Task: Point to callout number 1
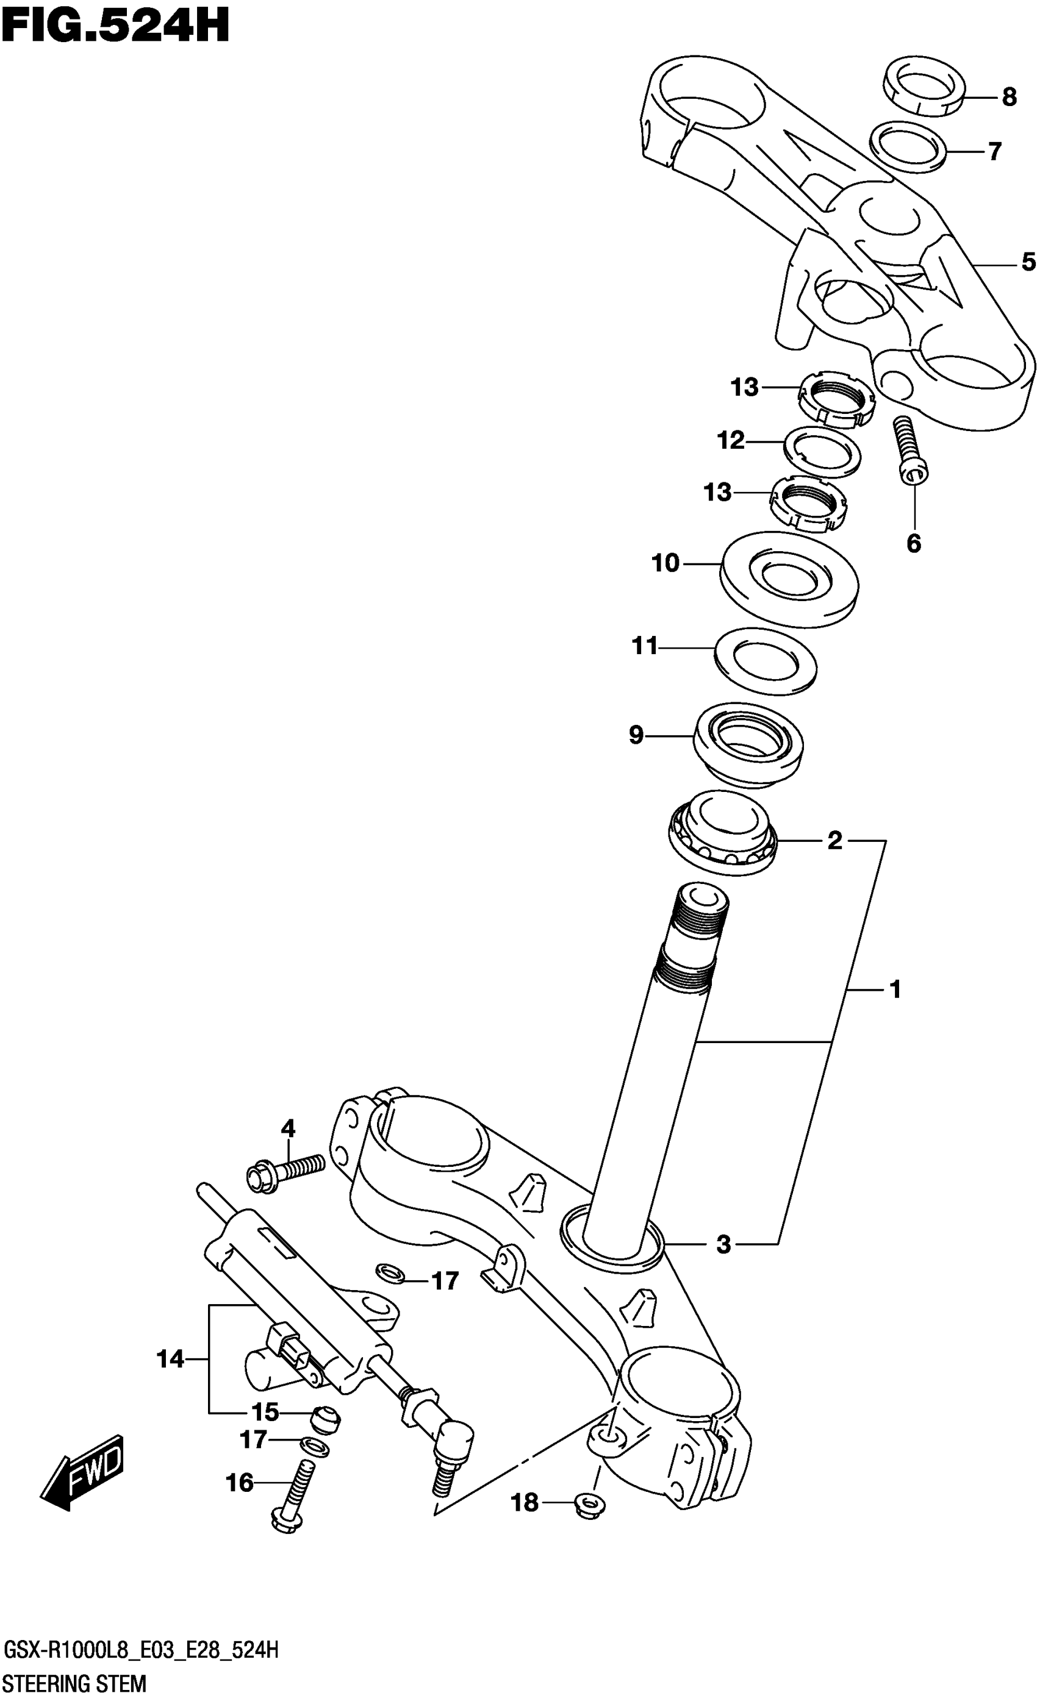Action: (894, 989)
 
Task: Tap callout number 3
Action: (723, 1245)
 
